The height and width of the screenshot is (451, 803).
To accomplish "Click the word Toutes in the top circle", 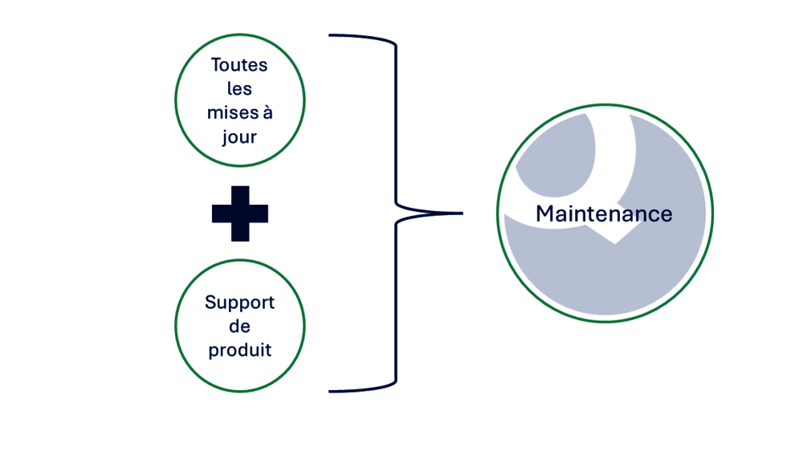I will coord(239,65).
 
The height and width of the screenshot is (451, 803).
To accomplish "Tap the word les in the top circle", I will coord(239,89).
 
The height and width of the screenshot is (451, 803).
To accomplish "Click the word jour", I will coord(239,137).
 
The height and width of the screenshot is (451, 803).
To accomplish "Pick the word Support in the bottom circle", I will coord(239,303).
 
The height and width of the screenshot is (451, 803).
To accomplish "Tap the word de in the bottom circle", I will coord(239,327).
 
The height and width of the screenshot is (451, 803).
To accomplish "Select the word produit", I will coord(239,351).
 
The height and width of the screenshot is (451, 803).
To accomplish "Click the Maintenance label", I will coord(604,214).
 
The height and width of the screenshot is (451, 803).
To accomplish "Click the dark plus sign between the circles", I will coord(239,213).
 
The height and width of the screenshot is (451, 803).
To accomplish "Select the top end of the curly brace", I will coord(332,35).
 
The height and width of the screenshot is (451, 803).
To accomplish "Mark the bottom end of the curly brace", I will coord(332,391).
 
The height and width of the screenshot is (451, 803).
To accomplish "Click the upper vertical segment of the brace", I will coord(396,120).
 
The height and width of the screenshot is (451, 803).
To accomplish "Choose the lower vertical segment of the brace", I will coord(396,305).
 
